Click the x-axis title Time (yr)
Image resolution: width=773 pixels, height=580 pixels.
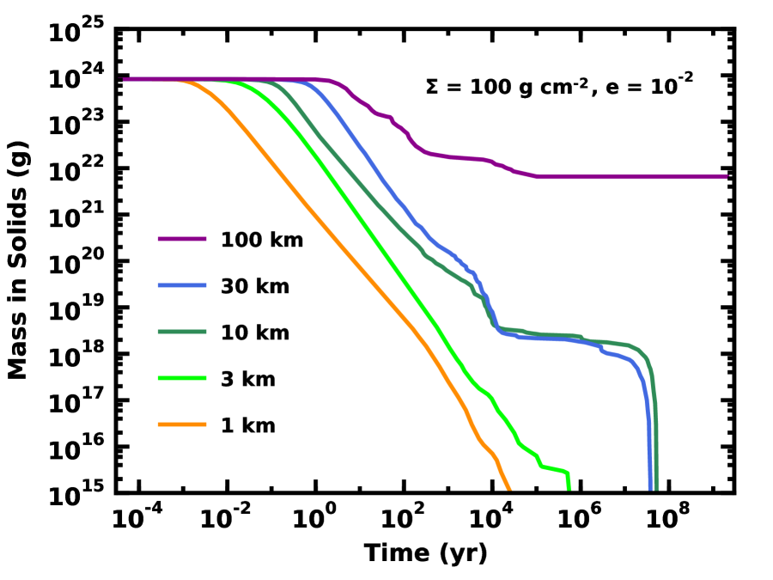425,553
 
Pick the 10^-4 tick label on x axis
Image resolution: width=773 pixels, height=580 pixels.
139,519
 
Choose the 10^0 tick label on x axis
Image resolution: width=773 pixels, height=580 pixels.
315,519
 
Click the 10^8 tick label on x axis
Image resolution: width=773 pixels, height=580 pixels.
667,519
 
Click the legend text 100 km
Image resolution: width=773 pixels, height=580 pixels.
262,241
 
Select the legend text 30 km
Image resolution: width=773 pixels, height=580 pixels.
255,286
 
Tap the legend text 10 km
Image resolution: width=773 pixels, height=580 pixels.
255,333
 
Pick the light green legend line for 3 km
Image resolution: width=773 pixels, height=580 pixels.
182,378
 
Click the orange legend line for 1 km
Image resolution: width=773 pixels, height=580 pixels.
182,424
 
